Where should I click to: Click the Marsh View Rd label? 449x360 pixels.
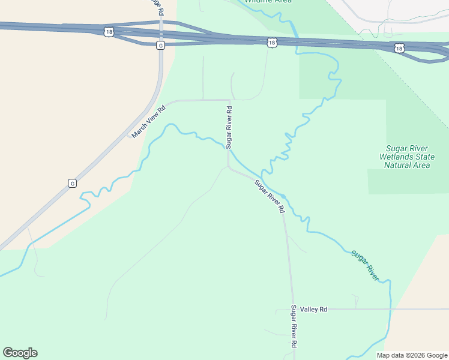coord(148,122)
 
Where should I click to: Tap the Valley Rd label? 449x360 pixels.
coord(314,309)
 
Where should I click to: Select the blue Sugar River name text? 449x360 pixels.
coord(365,265)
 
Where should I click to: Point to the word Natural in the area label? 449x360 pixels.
coord(398,165)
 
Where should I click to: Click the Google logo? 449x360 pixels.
coord(20,353)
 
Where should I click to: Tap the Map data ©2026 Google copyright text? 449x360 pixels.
coord(412,355)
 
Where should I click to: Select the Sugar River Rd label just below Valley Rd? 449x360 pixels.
coord(294,327)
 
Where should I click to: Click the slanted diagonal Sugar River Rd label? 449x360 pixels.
coord(269,196)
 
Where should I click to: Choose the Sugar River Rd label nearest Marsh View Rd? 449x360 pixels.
coord(229,127)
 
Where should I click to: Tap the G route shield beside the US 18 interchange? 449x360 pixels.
coord(160,45)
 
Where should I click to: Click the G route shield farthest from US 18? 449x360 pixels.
coord(72,183)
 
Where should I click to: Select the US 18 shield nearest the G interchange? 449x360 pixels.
coord(108,31)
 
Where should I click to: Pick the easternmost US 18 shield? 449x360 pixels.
coord(399,48)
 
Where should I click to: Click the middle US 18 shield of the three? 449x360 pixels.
coord(273,42)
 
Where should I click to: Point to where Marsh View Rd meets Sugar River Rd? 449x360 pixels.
coord(229,100)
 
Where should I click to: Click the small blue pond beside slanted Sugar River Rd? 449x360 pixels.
coord(283,196)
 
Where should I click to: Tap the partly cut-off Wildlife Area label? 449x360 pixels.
coord(268,2)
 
